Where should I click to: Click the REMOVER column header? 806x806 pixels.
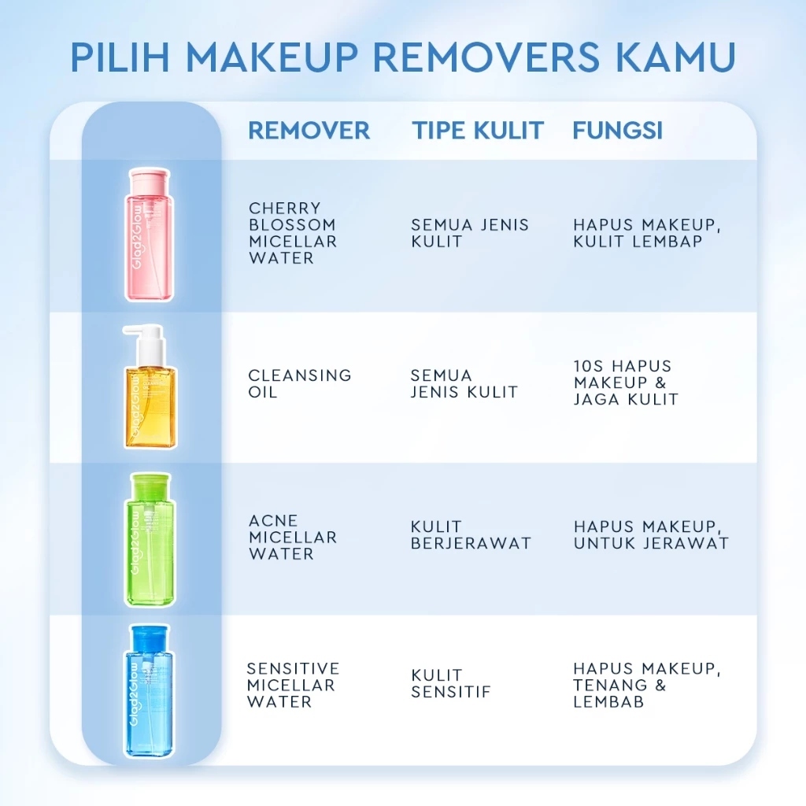pyautogui.click(x=309, y=131)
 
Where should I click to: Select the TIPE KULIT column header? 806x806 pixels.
pyautogui.click(x=477, y=131)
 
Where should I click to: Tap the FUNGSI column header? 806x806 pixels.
pyautogui.click(x=617, y=131)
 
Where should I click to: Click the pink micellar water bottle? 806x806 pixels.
pyautogui.click(x=150, y=236)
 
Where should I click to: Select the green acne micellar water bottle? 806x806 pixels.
pyautogui.click(x=150, y=543)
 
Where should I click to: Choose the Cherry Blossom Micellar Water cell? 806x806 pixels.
pyautogui.click(x=292, y=233)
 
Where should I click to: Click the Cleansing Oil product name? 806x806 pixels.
pyautogui.click(x=299, y=383)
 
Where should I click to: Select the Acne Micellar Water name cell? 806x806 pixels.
pyautogui.click(x=292, y=537)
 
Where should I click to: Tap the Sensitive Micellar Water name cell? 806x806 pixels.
pyautogui.click(x=293, y=685)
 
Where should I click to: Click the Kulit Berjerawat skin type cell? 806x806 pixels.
pyautogui.click(x=471, y=535)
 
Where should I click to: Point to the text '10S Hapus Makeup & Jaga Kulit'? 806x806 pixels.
pyautogui.click(x=625, y=383)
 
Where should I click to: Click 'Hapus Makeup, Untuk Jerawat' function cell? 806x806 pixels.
pyautogui.click(x=651, y=535)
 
